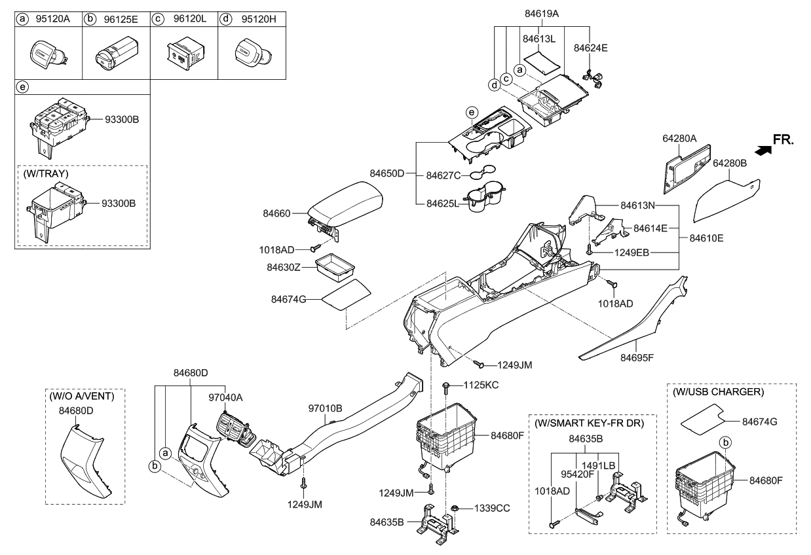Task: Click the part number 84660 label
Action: (278, 212)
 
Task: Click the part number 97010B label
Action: (326, 408)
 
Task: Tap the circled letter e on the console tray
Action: (472, 113)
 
